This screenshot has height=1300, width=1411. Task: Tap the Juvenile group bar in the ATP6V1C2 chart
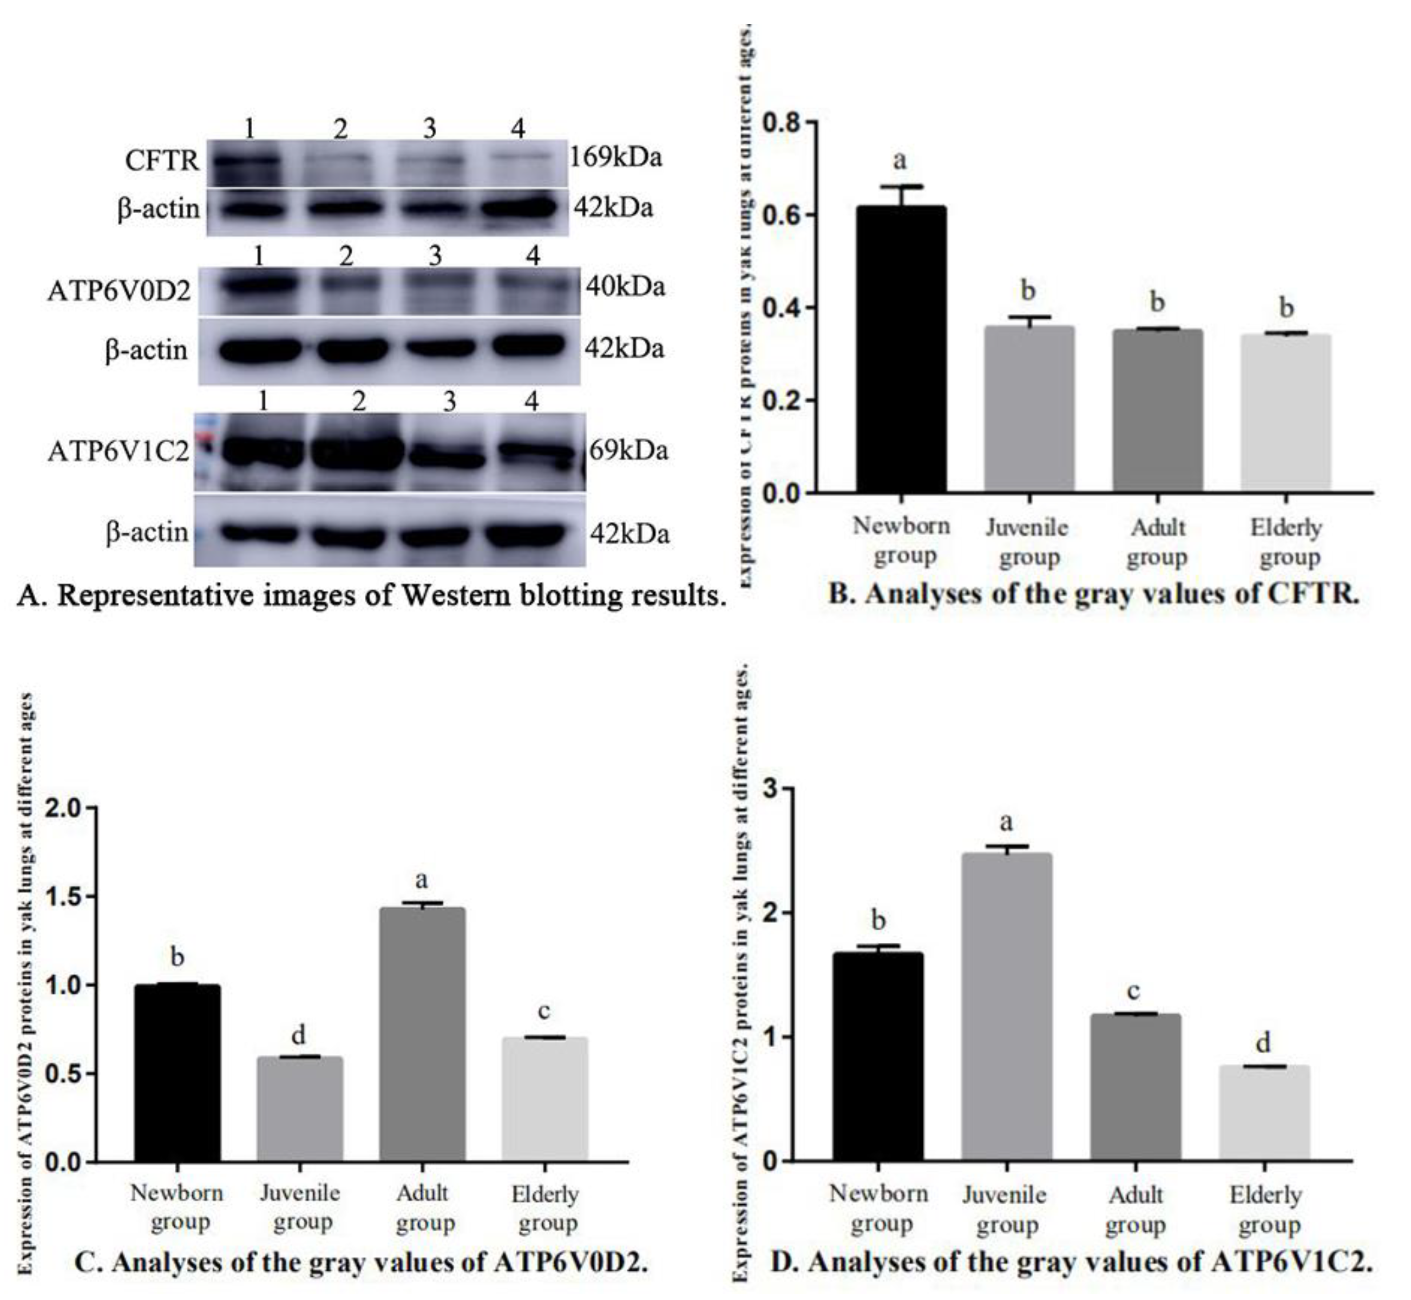pos(1007,1006)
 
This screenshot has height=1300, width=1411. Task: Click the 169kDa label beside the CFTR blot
pos(615,157)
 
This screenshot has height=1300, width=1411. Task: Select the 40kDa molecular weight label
pos(625,287)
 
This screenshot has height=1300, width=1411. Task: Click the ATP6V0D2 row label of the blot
pos(119,290)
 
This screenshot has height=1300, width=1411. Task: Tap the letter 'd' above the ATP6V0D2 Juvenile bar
pos(298,1035)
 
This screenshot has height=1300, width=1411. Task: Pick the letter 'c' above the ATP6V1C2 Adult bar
pos(1133,991)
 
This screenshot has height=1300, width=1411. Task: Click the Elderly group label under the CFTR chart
pos(1287,542)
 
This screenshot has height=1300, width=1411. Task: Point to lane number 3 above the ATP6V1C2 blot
pos(449,402)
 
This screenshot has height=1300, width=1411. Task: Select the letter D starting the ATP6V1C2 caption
pos(782,1262)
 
